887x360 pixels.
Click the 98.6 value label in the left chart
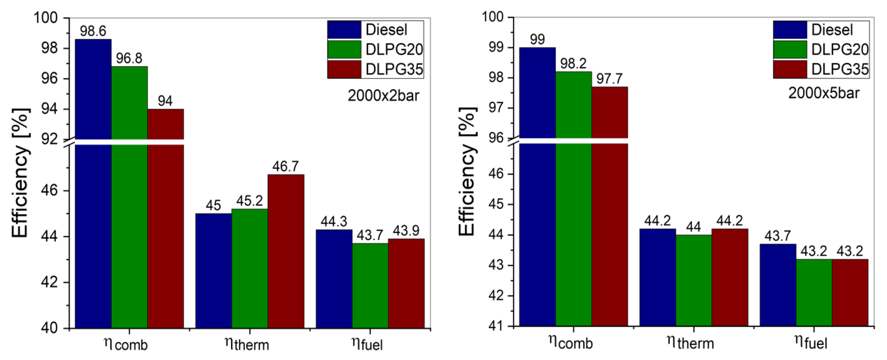tap(93, 31)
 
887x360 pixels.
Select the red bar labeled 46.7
tap(286, 251)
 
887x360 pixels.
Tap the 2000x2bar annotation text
tap(383, 95)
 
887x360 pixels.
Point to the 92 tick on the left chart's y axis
tap(49, 139)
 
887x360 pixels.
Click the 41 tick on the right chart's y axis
tap(496, 326)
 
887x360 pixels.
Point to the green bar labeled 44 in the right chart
tap(694, 281)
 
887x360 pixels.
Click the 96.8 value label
tap(129, 58)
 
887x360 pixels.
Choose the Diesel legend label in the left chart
tap(386, 30)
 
